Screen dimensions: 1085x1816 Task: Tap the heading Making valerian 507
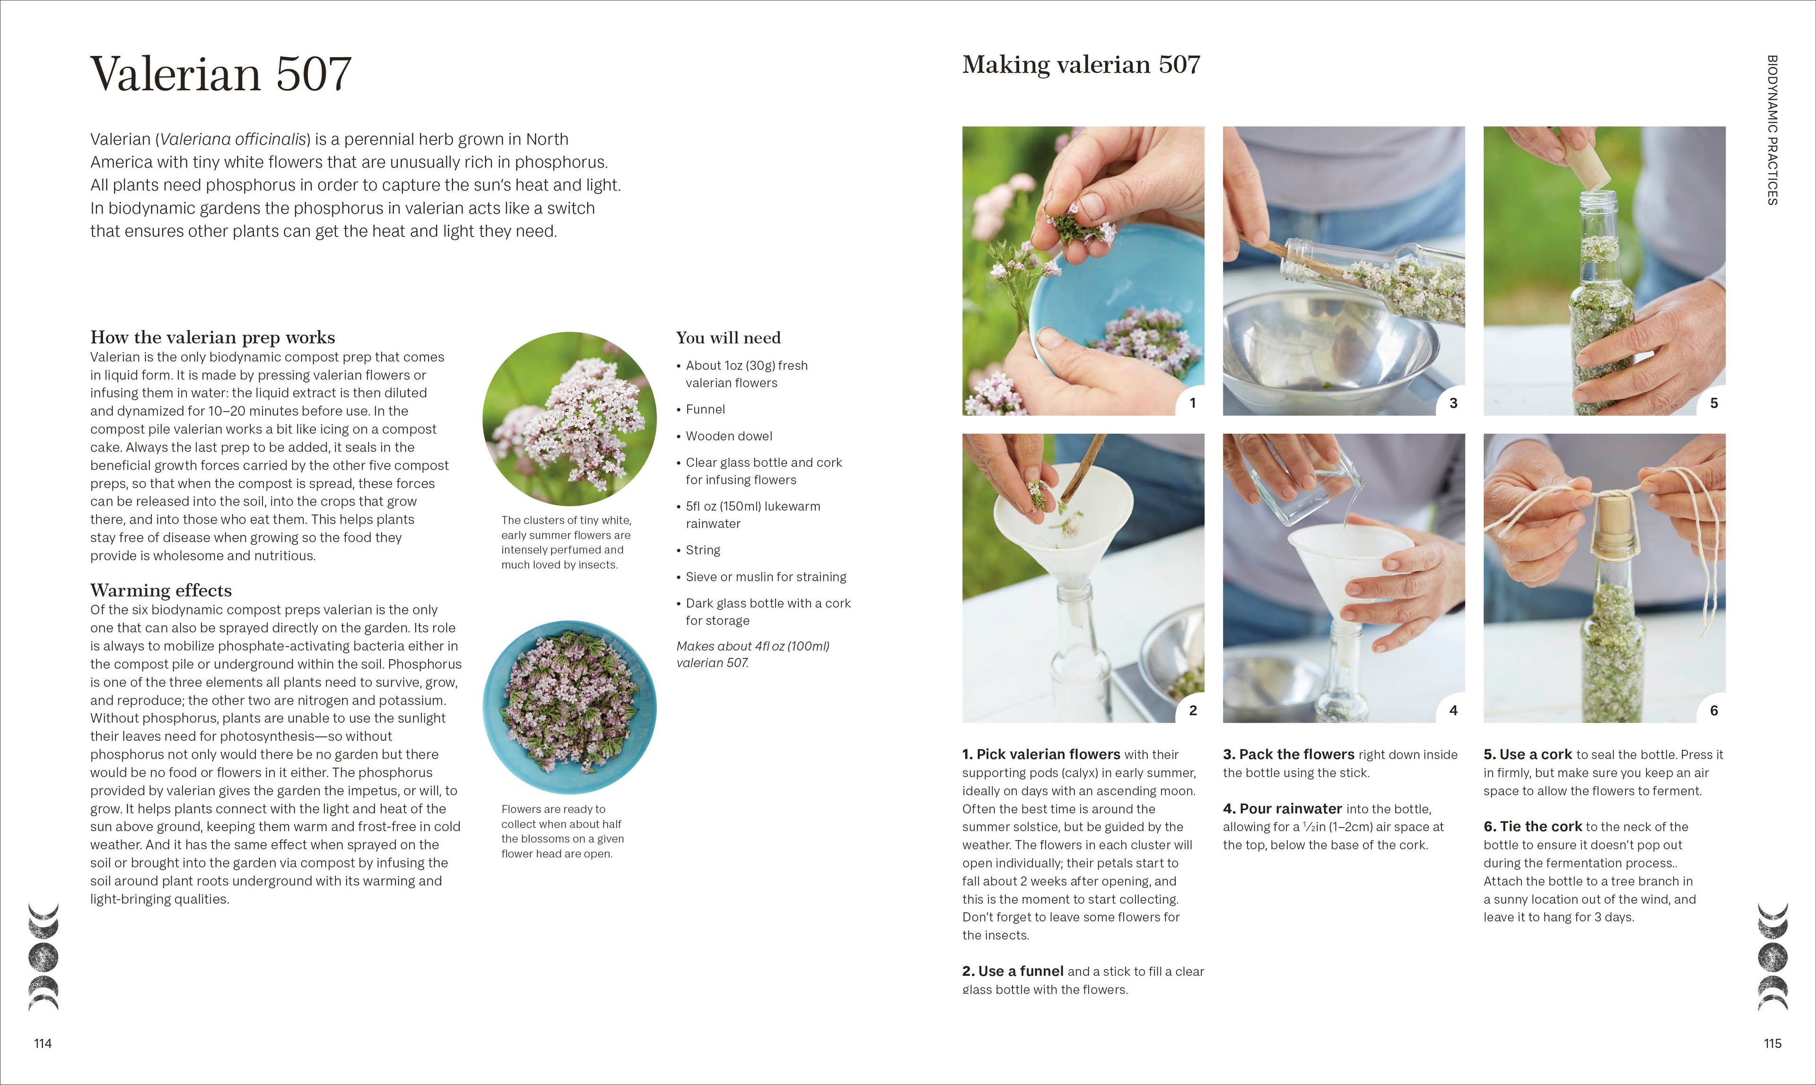pos(1081,65)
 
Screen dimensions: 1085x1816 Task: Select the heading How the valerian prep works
pos(212,337)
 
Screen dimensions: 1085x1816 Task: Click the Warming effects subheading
pos(161,590)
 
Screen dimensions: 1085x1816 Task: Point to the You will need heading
pos(728,338)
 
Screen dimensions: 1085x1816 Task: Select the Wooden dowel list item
pos(728,436)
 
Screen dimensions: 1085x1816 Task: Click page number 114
pos(43,1043)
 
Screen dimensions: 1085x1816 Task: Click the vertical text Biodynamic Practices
pos(1772,130)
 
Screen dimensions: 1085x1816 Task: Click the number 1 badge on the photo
pos(1192,403)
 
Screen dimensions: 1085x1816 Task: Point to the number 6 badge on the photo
pos(1713,710)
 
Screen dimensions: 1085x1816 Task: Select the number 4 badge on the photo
pos(1453,710)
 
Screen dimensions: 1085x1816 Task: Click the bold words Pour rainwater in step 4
pos(1291,809)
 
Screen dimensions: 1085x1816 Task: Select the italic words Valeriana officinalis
pos(233,139)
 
